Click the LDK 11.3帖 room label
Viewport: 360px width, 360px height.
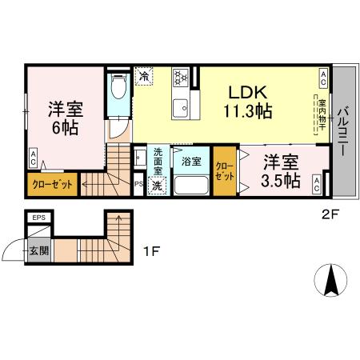248,102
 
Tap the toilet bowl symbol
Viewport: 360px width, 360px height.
119,86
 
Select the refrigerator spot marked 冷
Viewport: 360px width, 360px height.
144,76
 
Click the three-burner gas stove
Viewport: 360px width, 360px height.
181,78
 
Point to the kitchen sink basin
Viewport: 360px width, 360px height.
180,108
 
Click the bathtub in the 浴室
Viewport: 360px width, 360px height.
191,185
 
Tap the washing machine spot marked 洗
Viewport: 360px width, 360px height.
157,186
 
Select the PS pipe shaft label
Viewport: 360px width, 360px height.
138,184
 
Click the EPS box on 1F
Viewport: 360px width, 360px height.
39,218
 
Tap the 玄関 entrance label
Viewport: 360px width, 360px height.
39,250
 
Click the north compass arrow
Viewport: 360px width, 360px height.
330,280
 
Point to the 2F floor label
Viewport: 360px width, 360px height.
330,214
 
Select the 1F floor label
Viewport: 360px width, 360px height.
151,251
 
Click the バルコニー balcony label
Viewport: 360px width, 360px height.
343,131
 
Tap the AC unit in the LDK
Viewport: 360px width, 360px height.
323,78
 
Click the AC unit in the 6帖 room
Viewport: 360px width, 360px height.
34,158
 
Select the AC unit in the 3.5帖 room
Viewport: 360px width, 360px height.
317,184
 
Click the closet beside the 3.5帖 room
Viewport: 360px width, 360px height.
225,171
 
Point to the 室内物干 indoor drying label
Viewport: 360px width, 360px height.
322,114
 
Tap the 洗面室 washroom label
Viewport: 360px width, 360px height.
158,162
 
